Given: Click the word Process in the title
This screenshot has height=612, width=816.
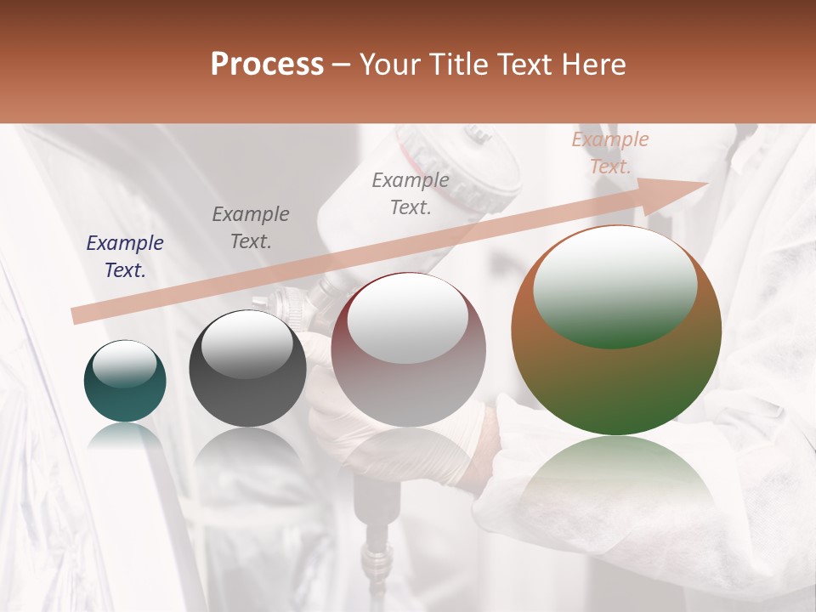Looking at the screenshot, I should [267, 64].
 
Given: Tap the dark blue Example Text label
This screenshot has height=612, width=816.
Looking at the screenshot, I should [125, 257].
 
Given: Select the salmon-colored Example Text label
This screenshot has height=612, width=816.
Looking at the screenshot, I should [610, 153].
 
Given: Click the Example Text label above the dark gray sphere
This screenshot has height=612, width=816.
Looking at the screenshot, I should [250, 228].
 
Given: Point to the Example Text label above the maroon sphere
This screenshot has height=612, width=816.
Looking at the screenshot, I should [411, 193].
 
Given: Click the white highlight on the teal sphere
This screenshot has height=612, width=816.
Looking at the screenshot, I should [124, 364].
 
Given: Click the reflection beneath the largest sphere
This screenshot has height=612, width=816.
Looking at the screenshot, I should [616, 476].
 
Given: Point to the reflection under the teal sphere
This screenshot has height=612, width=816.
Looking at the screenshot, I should [125, 438].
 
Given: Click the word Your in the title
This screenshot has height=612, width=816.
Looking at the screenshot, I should [386, 64].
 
